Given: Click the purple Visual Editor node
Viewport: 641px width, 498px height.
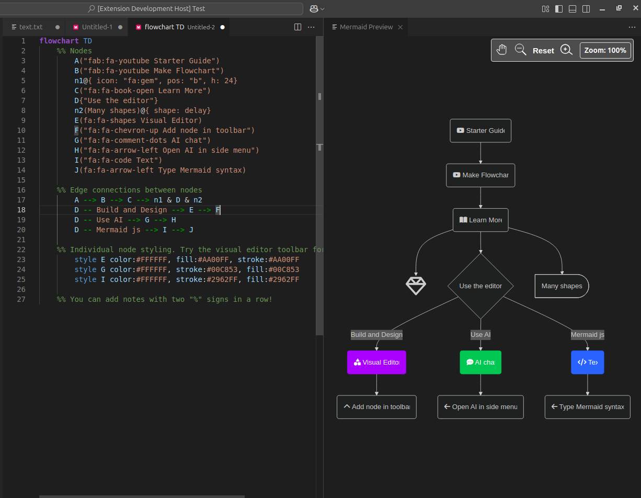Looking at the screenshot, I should coord(376,362).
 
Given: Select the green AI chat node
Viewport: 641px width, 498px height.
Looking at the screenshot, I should coord(480,362).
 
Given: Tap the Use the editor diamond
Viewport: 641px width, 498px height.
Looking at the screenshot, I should coord(480,286).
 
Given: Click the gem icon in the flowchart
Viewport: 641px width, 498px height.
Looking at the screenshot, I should coord(416,286).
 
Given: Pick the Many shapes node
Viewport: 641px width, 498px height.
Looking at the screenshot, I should coord(562,286).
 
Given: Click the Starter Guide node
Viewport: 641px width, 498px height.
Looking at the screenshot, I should coord(480,131).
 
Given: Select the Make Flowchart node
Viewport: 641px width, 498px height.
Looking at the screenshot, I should coord(480,175).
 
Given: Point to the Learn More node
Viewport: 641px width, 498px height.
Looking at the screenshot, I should coord(480,220).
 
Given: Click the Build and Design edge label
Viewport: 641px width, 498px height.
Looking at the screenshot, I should coord(376,335).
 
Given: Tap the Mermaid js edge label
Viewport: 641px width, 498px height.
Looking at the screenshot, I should coord(587,335).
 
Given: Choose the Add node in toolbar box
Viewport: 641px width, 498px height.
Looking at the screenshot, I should coord(376,407).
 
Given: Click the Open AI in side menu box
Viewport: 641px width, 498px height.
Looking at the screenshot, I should coord(480,407).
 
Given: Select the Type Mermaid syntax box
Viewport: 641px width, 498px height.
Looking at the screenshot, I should coord(587,407).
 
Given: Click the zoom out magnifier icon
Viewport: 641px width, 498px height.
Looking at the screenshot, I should coord(520,50).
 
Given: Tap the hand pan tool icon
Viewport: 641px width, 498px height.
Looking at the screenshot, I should coord(502,50).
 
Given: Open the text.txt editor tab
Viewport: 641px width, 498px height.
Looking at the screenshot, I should coord(31,27).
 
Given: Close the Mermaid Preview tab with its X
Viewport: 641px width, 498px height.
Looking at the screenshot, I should coord(400,27).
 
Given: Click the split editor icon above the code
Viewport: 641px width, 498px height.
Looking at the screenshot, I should coord(297,27).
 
